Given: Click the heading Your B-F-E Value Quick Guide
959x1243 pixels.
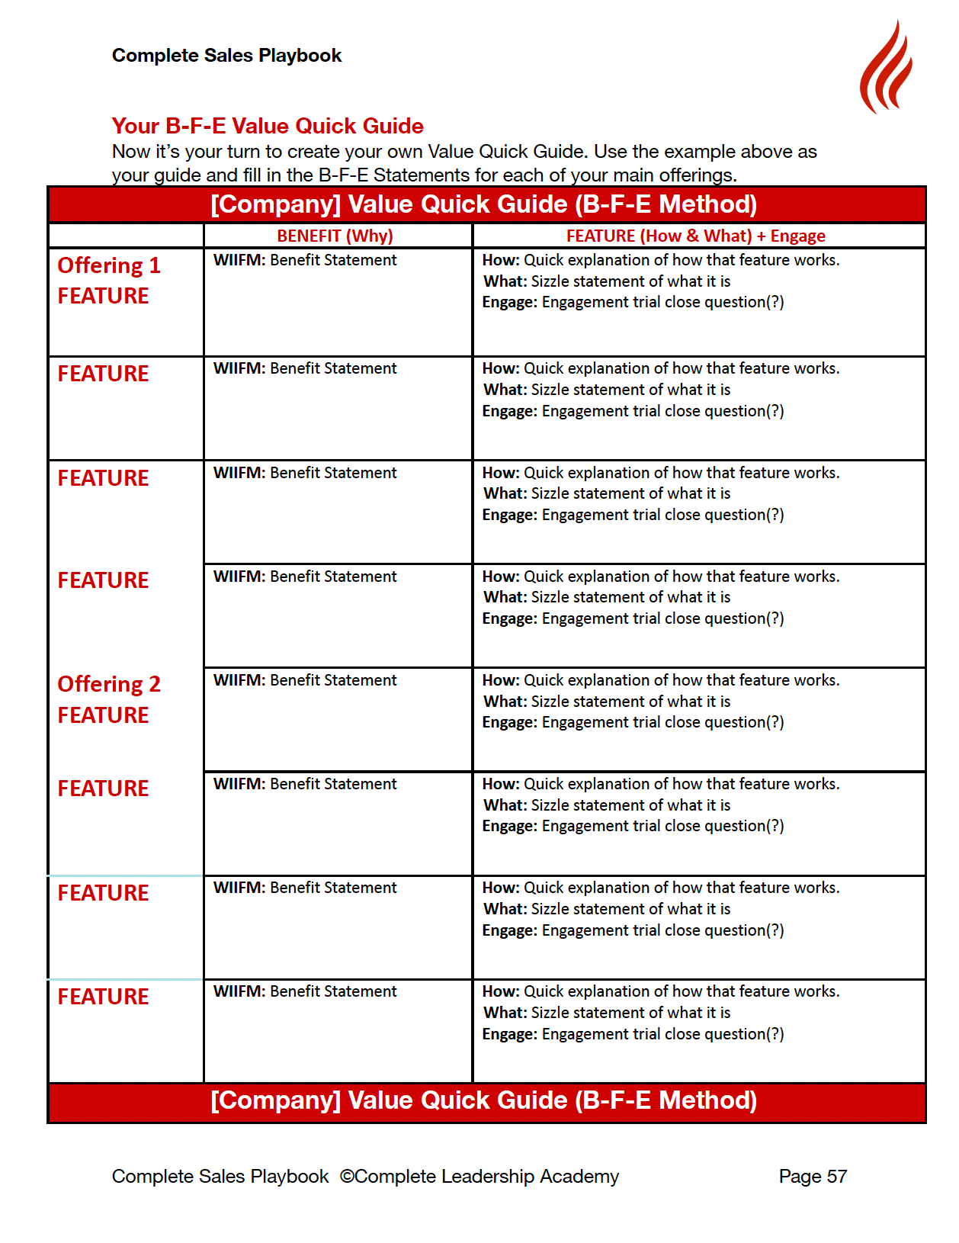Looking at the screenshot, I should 267,126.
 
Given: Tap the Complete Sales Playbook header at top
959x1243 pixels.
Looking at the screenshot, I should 226,56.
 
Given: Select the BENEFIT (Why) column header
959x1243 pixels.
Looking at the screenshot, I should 335,236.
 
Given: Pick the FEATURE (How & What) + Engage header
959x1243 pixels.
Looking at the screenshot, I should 695,236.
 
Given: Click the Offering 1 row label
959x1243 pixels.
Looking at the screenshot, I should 109,265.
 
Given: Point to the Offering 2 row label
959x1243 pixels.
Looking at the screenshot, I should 109,684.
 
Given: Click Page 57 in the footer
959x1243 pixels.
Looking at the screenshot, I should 812,1176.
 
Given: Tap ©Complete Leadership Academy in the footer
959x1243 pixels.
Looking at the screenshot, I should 479,1176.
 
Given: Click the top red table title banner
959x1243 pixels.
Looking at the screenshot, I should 486,204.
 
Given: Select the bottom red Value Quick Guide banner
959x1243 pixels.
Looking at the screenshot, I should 486,1100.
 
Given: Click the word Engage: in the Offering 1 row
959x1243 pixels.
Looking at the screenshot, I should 509,302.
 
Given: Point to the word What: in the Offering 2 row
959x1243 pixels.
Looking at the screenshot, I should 505,702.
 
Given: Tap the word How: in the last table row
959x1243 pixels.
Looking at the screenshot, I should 500,991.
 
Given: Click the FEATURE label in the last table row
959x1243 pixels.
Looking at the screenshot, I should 103,997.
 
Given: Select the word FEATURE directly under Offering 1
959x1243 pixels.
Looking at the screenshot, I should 103,296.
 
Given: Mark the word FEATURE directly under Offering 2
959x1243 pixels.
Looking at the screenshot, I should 103,715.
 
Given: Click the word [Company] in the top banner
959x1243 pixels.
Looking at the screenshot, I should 275,204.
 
